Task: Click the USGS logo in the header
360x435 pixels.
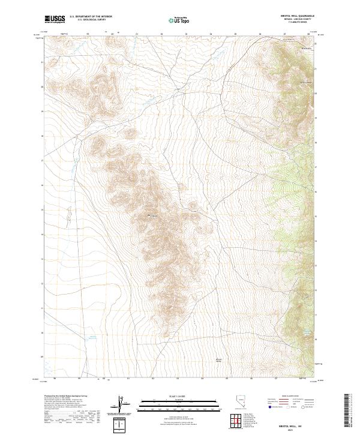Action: coord(55,19)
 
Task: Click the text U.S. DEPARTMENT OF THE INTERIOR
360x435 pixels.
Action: coord(91,17)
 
